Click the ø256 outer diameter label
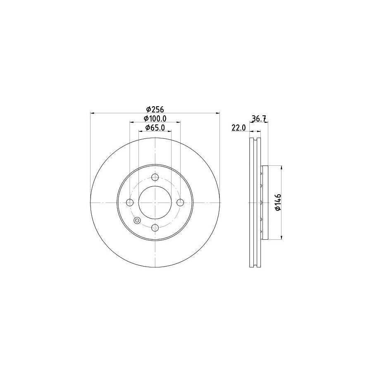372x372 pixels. pyautogui.click(x=155, y=109)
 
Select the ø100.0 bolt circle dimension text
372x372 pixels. pyautogui.click(x=155, y=119)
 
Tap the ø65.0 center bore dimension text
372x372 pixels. pyautogui.click(x=155, y=128)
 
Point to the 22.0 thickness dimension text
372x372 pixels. pyautogui.click(x=238, y=128)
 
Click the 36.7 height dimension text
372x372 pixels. pyautogui.click(x=258, y=119)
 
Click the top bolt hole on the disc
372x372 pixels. pyautogui.click(x=155, y=178)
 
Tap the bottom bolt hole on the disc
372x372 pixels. pyautogui.click(x=155, y=227)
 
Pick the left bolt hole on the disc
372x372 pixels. pyautogui.click(x=130, y=203)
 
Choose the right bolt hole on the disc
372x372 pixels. pyautogui.click(x=180, y=203)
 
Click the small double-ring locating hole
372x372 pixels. pyautogui.click(x=137, y=220)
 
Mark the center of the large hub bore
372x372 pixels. pyautogui.click(x=155, y=203)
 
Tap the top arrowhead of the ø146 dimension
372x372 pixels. pyautogui.click(x=282, y=168)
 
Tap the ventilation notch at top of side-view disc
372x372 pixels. pyautogui.click(x=256, y=139)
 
